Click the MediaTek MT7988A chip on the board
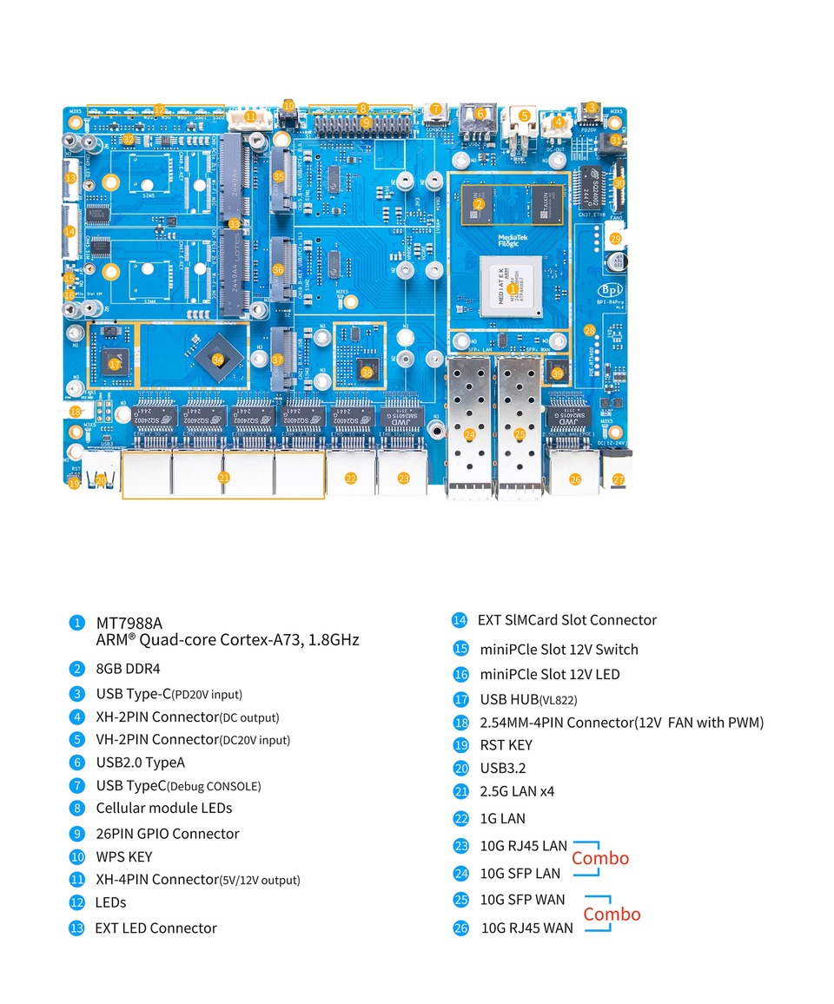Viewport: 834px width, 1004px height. pyautogui.click(x=513, y=287)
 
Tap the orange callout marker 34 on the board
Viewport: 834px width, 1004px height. pyautogui.click(x=217, y=360)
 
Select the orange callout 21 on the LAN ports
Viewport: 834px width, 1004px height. pyautogui.click(x=223, y=477)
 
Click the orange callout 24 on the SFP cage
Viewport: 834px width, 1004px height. pyautogui.click(x=470, y=434)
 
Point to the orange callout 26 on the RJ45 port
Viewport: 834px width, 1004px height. pyautogui.click(x=575, y=479)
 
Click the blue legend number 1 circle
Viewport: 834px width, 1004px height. pyautogui.click(x=77, y=623)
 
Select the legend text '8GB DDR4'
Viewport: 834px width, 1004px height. pyautogui.click(x=128, y=669)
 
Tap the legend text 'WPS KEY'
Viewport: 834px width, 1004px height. pyautogui.click(x=123, y=856)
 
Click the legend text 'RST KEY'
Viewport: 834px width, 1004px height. pyautogui.click(x=506, y=745)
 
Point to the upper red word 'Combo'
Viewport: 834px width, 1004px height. pyautogui.click(x=600, y=858)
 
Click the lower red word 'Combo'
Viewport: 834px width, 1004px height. pyautogui.click(x=612, y=914)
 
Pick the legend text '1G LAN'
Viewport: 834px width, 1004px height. pyautogui.click(x=502, y=818)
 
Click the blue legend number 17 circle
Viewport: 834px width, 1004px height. pyautogui.click(x=460, y=699)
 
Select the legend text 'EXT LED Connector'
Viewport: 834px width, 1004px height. pyautogui.click(x=156, y=928)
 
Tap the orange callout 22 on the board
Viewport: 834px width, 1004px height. pyautogui.click(x=351, y=478)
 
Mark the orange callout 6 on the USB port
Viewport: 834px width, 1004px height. pyautogui.click(x=479, y=113)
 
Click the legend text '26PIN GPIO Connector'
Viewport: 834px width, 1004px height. pyautogui.click(x=167, y=834)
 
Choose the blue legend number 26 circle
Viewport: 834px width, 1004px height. pyautogui.click(x=460, y=928)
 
